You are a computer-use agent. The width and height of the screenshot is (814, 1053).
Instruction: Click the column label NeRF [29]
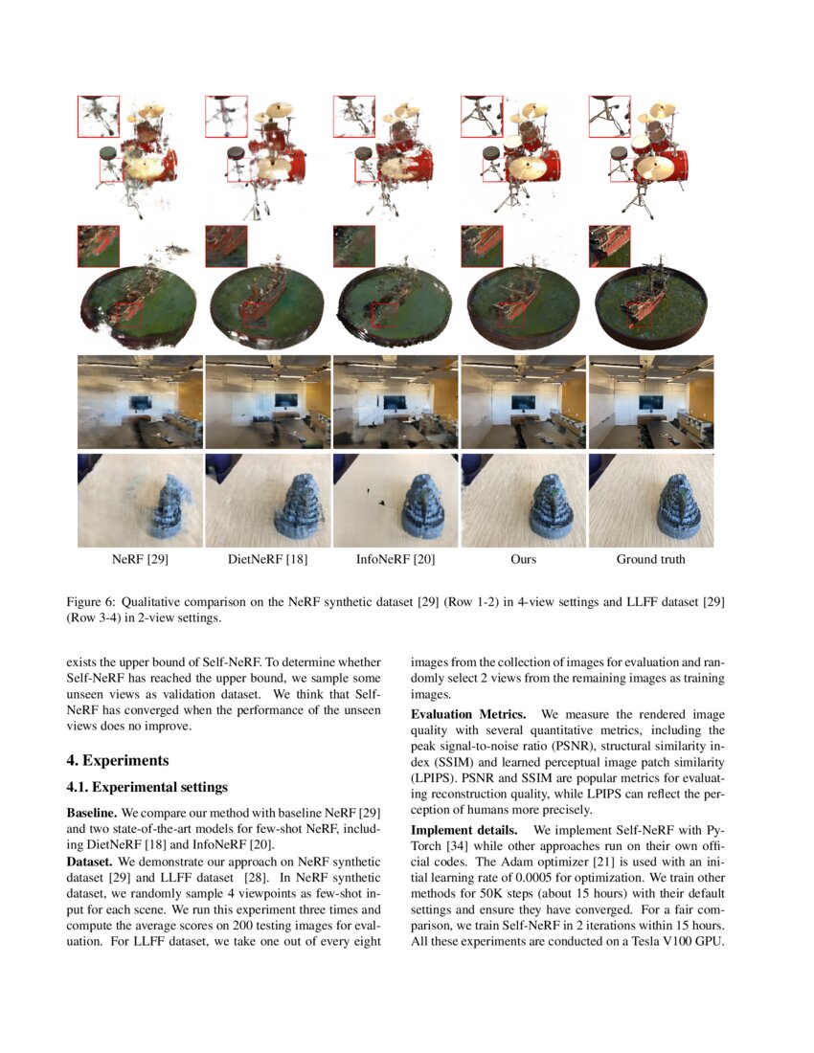click(140, 559)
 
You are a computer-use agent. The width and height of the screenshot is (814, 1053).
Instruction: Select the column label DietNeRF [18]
click(267, 559)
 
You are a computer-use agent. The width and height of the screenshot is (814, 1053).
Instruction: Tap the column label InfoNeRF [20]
click(396, 559)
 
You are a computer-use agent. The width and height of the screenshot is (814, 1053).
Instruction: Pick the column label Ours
click(523, 559)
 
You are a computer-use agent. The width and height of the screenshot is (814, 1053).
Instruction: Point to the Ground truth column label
click(650, 559)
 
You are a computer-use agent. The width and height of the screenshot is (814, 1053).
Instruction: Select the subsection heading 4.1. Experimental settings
click(147, 788)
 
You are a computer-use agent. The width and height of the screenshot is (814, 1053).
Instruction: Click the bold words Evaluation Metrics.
click(468, 715)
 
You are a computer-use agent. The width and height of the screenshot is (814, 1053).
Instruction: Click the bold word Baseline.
click(91, 812)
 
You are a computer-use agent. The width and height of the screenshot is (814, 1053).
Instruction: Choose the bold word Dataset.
click(90, 861)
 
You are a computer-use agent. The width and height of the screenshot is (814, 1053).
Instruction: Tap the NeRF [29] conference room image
click(140, 402)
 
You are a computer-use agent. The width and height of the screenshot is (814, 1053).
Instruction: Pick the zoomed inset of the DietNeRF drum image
click(226, 116)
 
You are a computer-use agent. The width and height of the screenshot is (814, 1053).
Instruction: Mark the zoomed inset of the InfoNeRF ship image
click(353, 246)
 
